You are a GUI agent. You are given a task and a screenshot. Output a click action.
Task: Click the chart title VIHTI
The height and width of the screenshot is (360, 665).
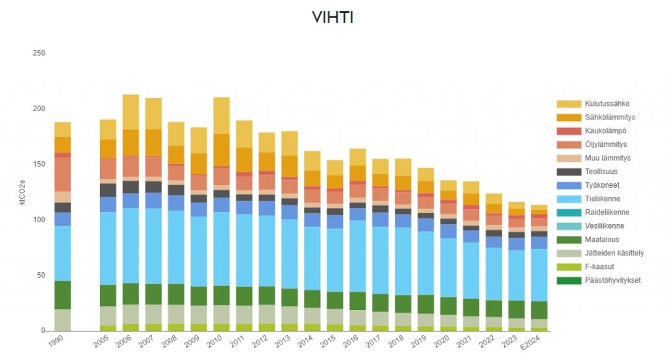point(332,18)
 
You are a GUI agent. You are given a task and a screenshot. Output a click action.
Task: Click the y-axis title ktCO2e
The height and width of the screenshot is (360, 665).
point(21,192)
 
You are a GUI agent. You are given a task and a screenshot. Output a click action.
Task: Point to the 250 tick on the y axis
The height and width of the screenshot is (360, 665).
point(39,53)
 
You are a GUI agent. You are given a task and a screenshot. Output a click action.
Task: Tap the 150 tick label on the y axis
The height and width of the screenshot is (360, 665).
point(39,164)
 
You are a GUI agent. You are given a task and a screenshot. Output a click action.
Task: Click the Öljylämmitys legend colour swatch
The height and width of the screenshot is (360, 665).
point(568,144)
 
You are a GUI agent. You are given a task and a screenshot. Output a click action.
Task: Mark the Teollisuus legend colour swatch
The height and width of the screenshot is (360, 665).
point(568,172)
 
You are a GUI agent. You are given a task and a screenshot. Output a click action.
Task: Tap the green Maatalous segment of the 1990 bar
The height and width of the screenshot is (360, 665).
point(62,295)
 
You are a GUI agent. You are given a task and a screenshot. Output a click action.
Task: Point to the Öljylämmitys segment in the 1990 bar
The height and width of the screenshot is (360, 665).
point(62,174)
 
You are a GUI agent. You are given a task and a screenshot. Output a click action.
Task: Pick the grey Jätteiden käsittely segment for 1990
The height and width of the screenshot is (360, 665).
point(62,320)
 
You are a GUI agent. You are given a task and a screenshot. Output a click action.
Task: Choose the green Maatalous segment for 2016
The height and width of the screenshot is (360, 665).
point(358,300)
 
